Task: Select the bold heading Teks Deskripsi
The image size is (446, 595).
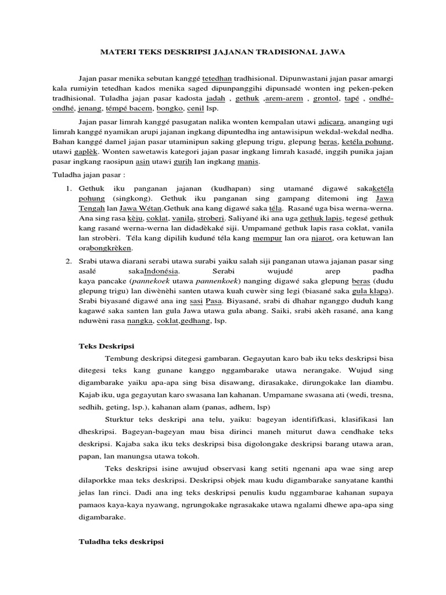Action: coord(106,346)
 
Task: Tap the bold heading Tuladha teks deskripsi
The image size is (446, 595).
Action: coord(121,542)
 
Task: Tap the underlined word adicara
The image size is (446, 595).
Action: coord(332,123)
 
